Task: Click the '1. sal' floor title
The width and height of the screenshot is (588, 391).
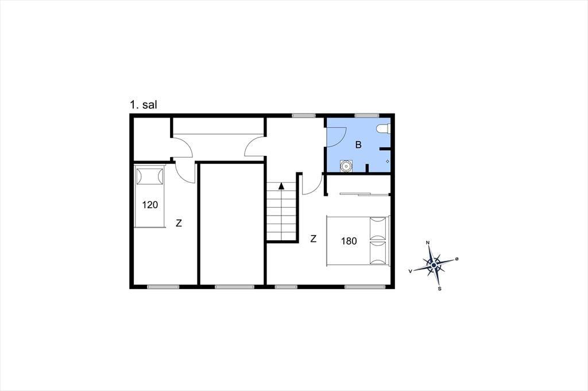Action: pos(143,104)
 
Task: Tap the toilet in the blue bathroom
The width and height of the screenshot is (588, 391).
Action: pos(383,128)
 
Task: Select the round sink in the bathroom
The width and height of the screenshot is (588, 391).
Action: pos(346,166)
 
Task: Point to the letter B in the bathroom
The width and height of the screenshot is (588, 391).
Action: pos(358,144)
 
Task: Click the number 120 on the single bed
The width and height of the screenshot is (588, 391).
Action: pos(150,205)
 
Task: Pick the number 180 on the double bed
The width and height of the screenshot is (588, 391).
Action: pos(349,241)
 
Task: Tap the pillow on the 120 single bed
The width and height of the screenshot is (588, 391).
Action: pos(150,177)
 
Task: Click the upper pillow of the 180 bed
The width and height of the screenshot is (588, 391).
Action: pos(378,228)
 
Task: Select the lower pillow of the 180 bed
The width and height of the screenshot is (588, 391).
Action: pos(378,253)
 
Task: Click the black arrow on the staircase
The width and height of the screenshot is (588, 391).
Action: pos(281,185)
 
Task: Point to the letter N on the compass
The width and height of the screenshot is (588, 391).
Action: pos(428,243)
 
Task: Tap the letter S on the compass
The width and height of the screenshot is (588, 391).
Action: pos(439,289)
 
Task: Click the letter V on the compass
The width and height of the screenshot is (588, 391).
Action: pos(411,271)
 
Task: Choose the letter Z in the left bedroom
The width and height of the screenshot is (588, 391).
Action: pos(179,223)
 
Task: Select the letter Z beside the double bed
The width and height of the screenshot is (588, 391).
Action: pos(314,238)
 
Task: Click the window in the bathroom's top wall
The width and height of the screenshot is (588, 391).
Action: pos(367,115)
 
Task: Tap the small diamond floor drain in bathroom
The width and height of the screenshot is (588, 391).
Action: pos(388,162)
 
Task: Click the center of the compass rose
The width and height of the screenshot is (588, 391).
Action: pos(434,265)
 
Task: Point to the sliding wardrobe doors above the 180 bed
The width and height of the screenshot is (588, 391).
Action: pos(364,194)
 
